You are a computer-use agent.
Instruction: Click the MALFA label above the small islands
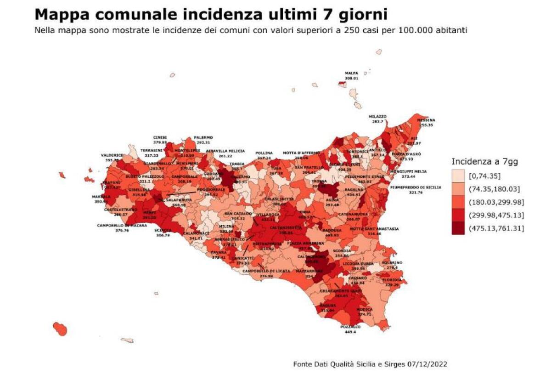point(351,73)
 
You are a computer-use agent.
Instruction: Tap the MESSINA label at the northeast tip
point(425,120)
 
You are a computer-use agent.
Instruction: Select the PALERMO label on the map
point(203,137)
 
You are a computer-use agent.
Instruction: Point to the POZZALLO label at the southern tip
point(350,326)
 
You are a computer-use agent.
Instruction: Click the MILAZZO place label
point(377,117)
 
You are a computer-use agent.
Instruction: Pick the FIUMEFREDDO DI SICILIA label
point(416,187)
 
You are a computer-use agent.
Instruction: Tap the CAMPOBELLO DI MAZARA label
point(122,225)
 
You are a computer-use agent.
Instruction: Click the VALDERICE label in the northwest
point(112,155)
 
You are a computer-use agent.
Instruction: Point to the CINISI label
point(160,137)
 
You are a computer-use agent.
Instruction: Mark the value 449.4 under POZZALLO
point(350,331)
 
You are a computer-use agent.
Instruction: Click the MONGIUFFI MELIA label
point(408,170)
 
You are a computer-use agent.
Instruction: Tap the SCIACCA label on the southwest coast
point(163,230)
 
